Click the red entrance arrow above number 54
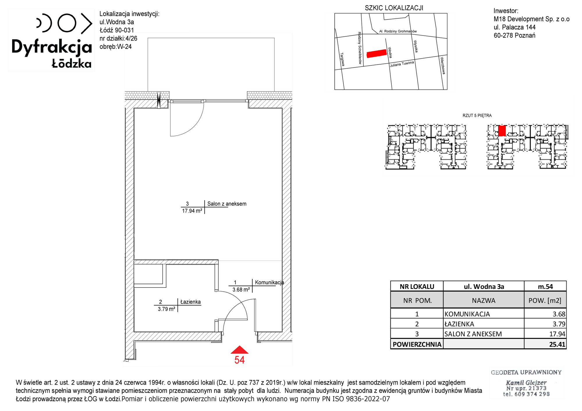239,350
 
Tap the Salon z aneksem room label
227,204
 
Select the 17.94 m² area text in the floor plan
192,211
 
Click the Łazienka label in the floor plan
191,302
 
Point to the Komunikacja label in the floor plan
269,282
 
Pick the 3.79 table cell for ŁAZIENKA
559,324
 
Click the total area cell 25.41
557,344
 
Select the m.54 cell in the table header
545,287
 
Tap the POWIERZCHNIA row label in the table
417,344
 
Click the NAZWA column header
484,300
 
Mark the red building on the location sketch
377,54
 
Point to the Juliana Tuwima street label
402,64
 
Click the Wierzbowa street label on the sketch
443,65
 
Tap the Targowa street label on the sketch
343,59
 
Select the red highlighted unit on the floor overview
502,131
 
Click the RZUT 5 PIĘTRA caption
477,115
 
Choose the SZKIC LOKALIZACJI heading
394,8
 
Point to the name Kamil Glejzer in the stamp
526,383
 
